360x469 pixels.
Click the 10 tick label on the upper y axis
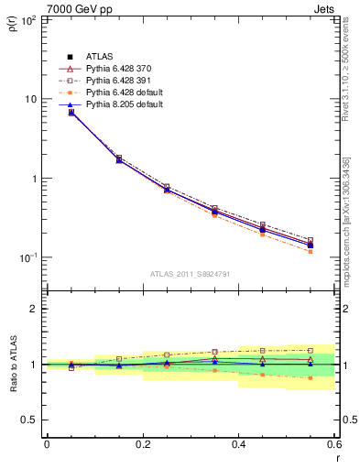(x=30, y=99)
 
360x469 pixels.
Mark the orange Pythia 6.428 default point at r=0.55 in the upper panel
(x=310, y=251)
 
